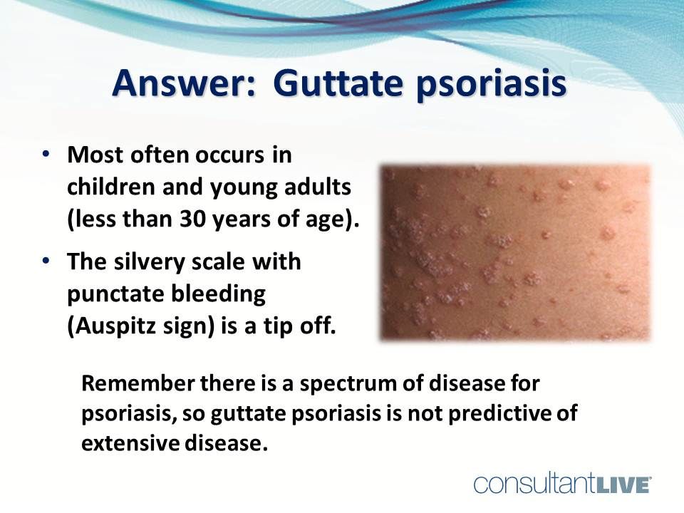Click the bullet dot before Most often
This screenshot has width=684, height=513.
pyautogui.click(x=46, y=155)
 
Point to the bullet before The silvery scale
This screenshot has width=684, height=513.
pyautogui.click(x=46, y=261)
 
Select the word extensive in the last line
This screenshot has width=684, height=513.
pyautogui.click(x=123, y=443)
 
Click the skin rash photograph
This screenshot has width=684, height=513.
pyautogui.click(x=515, y=252)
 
